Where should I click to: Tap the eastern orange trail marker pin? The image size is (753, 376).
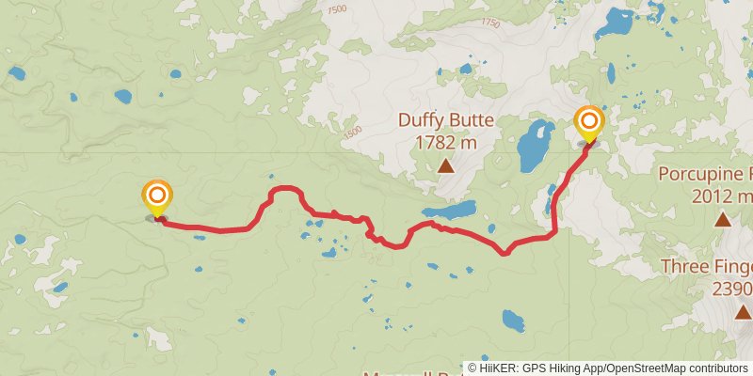(x=589, y=123)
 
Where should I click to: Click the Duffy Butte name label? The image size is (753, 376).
(x=438, y=120)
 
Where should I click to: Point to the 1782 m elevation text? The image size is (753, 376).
(x=446, y=142)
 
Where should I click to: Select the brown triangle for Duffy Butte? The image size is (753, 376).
(x=446, y=167)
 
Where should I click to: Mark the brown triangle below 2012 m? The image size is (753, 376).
(x=722, y=220)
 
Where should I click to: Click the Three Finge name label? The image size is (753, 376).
(x=706, y=266)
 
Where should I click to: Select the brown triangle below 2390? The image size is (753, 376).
(x=743, y=312)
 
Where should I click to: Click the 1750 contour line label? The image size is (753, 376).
(x=490, y=23)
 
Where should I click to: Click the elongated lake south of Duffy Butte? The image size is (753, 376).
(x=450, y=209)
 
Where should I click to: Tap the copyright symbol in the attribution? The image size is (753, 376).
(x=473, y=368)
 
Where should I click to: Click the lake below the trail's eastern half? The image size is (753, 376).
(x=513, y=321)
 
